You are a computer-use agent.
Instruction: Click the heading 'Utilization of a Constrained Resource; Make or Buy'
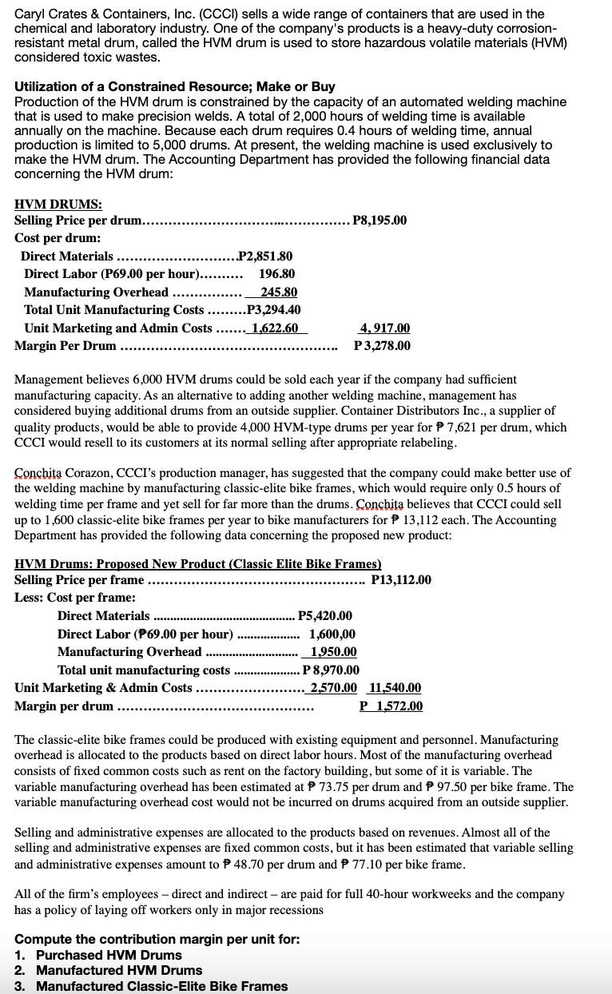coord(175,86)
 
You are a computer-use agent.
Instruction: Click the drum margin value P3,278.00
coord(382,345)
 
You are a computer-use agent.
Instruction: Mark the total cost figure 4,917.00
coord(385,328)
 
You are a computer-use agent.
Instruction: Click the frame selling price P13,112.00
coord(401,579)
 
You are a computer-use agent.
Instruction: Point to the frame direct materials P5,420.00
coord(324,615)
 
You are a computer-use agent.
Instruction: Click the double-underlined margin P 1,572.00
coord(391,706)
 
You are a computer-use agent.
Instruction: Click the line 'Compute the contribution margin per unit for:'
coord(157,939)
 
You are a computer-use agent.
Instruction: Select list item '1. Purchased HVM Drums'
coord(98,955)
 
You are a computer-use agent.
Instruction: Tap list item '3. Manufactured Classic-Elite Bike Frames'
coord(151,986)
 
